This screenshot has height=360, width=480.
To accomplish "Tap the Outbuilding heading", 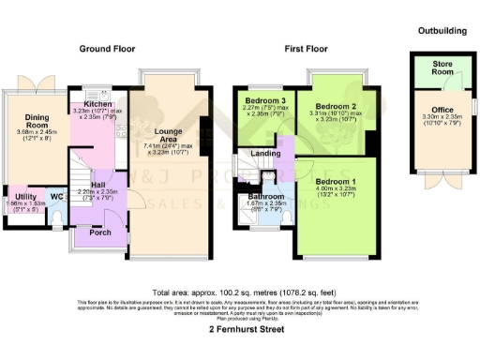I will pyautogui.click(x=442, y=30).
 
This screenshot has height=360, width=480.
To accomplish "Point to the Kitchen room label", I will pyautogui.click(x=97, y=105).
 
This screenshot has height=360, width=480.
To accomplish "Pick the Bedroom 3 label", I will pyautogui.click(x=265, y=100).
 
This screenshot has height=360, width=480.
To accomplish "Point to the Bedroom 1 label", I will pyautogui.click(x=335, y=179).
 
